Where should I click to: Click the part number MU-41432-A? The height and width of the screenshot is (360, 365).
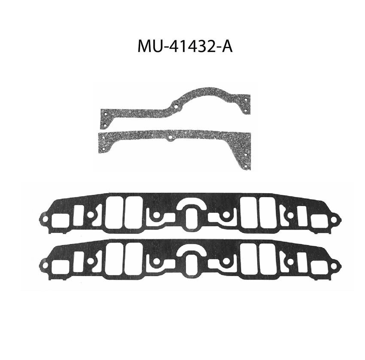pyautogui.click(x=185, y=46)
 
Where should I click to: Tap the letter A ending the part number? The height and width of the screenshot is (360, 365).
pyautogui.click(x=226, y=46)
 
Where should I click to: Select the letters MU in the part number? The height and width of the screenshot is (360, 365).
pyautogui.click(x=150, y=46)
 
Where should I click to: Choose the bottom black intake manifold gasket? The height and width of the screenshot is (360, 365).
pyautogui.click(x=190, y=260)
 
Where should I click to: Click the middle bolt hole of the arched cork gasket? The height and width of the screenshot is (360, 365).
pyautogui.click(x=176, y=107)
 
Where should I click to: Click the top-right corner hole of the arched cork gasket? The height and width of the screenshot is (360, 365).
pyautogui.click(x=246, y=100)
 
